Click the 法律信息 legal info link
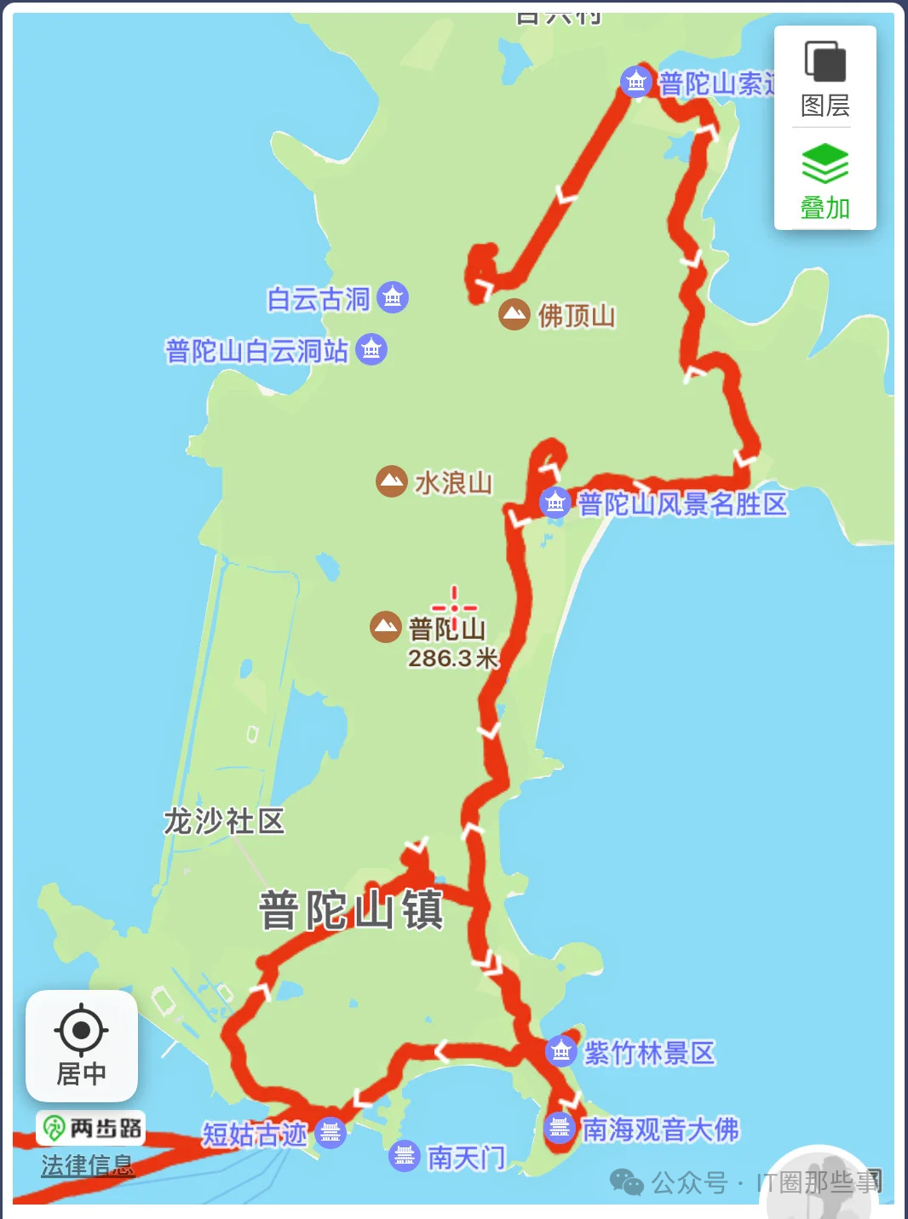(88, 1164)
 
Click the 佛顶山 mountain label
(577, 316)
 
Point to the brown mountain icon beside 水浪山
(391, 481)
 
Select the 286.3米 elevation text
(452, 658)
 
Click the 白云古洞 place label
(319, 299)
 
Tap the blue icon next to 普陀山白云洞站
(371, 349)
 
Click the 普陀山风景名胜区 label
(682, 504)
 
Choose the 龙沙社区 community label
(224, 821)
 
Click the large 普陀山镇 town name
(351, 909)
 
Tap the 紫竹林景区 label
(649, 1053)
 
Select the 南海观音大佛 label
(660, 1130)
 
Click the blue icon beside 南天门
(405, 1156)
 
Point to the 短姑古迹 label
(254, 1134)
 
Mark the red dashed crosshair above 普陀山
(454, 607)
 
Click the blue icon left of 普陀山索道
(635, 82)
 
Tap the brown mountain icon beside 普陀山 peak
(386, 627)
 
